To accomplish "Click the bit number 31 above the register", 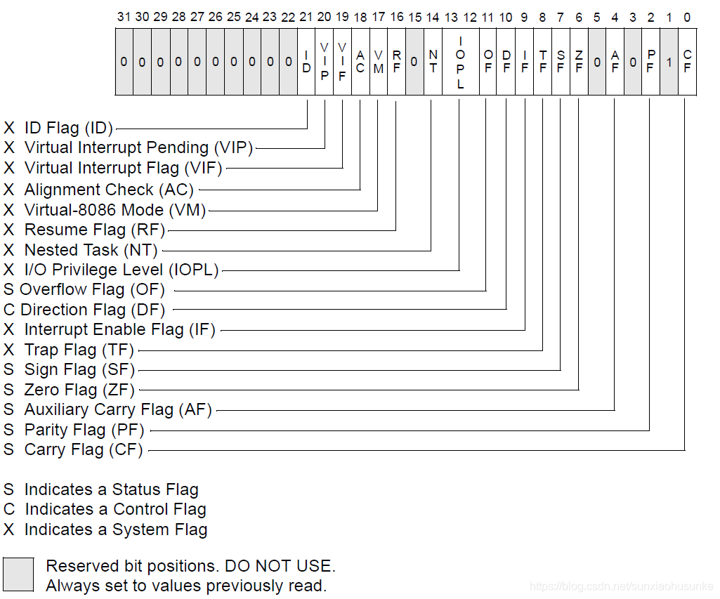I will coord(124,17).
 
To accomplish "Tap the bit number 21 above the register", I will coord(306,17).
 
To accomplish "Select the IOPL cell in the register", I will coord(460,62).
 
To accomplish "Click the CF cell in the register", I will coord(687,62).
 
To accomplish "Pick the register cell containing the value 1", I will coord(669,62).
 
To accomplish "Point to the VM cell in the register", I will coord(378,62).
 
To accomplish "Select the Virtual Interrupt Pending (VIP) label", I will coord(138,147).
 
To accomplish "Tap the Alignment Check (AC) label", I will coord(108,190).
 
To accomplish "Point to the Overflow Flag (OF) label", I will coord(92,289).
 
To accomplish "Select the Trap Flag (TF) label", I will coord(78,350).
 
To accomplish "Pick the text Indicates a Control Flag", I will coord(115,509).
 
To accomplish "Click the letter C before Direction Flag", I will coord(9,310).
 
